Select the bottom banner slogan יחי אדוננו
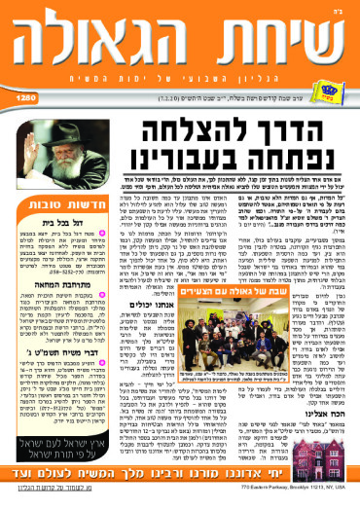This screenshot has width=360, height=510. tap(180, 478)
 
